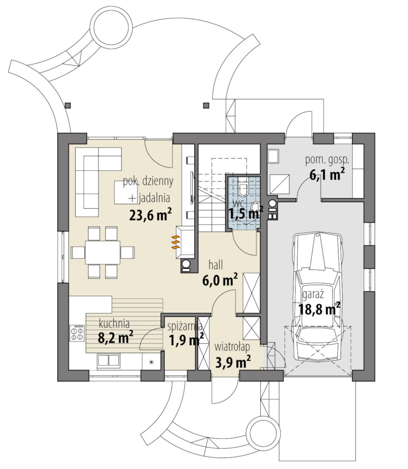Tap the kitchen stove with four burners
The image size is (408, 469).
[x=77, y=333]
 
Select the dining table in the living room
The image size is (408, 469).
[x=102, y=252]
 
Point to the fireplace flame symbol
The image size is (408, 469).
[x=175, y=242]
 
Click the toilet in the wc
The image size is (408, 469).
[x=243, y=188]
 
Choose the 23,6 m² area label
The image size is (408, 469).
[x=150, y=215]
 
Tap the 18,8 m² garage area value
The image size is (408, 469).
[x=319, y=309]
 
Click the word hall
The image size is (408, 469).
[x=216, y=265]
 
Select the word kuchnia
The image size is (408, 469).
[x=114, y=323]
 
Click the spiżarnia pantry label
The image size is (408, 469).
[x=185, y=326]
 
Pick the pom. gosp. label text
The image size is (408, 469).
[x=327, y=160]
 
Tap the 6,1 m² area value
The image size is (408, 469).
[x=327, y=174]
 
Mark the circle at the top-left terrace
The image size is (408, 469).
[x=111, y=26]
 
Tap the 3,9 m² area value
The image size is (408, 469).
[x=233, y=362]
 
